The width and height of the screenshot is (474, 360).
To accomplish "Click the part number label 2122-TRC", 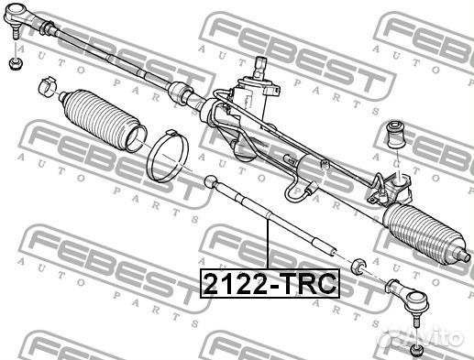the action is click(x=270, y=283).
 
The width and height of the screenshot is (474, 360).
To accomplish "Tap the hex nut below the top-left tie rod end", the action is click(x=14, y=64).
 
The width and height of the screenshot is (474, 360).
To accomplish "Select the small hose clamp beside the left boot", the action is click(x=48, y=86).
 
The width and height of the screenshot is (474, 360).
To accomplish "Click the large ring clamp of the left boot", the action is click(x=168, y=157).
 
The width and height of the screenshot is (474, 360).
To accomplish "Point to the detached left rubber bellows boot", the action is click(x=103, y=120).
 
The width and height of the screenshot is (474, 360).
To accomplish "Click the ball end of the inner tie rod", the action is click(x=211, y=181).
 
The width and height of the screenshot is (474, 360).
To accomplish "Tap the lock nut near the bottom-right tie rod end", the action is click(x=358, y=266).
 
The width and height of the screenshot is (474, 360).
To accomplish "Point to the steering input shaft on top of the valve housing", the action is click(x=260, y=67).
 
